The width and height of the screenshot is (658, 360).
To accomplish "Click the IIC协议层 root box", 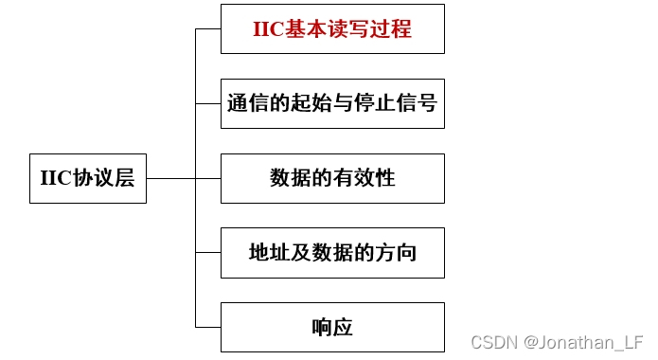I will [x=88, y=178].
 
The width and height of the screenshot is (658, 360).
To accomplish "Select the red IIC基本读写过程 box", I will [x=332, y=29].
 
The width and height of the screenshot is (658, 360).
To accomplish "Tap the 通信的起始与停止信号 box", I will [x=332, y=103].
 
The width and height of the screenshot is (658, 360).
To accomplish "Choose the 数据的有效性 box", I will [x=332, y=178].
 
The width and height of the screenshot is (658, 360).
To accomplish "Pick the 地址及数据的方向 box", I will [x=332, y=253].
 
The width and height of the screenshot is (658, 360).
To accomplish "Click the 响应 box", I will [x=332, y=328].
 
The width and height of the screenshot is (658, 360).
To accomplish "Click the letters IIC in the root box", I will [x=52, y=178].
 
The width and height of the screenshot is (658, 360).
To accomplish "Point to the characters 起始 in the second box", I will [x=316, y=103].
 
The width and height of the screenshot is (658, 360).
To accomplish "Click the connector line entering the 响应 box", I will [x=208, y=328].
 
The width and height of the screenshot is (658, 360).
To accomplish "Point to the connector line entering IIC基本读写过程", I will [x=208, y=29].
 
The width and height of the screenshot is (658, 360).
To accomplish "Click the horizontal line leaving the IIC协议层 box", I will [x=170, y=178].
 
